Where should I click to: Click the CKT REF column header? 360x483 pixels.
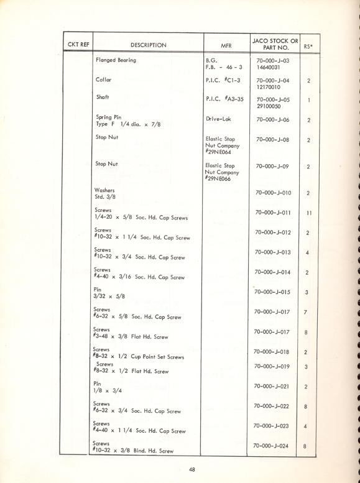point(76,45)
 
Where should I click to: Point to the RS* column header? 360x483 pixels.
point(308,45)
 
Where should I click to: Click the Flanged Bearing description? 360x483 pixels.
point(116,61)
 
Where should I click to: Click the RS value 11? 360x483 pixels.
point(308,213)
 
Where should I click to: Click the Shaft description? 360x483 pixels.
point(103,98)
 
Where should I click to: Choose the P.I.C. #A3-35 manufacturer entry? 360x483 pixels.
point(224,99)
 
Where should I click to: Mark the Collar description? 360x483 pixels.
point(103,80)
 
